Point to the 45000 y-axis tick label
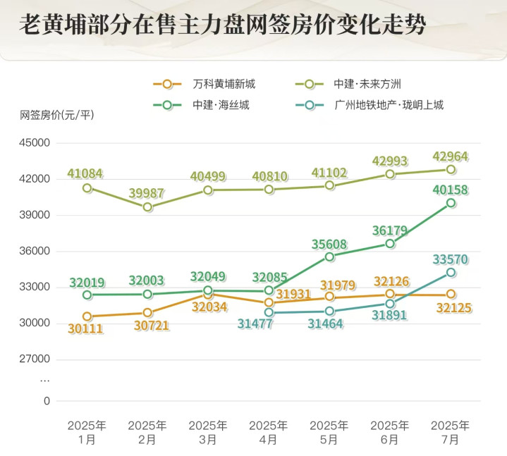[x=35, y=143]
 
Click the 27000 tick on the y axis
[x=35, y=359]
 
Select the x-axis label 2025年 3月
[x=208, y=432]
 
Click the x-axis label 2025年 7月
[x=450, y=432]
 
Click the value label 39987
[x=147, y=193]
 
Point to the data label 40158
[x=450, y=190]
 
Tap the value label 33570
[x=450, y=259]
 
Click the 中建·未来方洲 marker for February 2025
[x=147, y=207]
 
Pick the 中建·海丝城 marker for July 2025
[x=451, y=203]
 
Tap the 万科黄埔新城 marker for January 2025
[x=87, y=316]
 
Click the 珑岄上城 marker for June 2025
[x=390, y=304]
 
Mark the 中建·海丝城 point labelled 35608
[x=329, y=257]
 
